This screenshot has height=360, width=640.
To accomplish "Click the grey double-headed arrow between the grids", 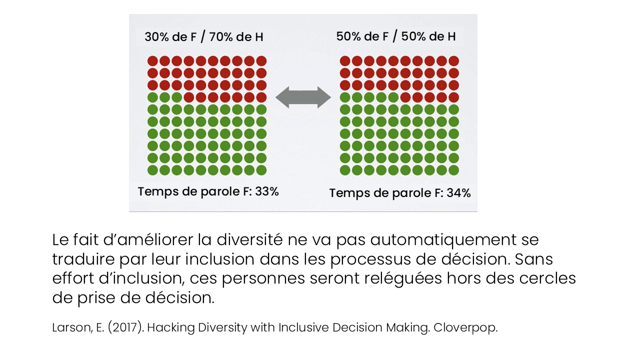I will click(x=303, y=97).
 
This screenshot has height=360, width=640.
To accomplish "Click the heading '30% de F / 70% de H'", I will click(x=203, y=37).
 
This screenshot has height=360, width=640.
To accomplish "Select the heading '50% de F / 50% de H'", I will click(x=395, y=36).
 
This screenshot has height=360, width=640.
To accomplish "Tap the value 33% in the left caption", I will click(x=266, y=191).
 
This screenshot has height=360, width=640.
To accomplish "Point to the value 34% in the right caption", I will click(x=458, y=193).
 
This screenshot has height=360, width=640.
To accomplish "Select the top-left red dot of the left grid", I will click(x=152, y=61).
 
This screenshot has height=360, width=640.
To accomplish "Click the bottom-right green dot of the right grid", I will click(x=453, y=170).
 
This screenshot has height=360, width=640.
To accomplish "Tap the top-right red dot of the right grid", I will click(x=453, y=61).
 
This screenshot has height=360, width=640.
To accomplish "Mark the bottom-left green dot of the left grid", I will click(x=152, y=170).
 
